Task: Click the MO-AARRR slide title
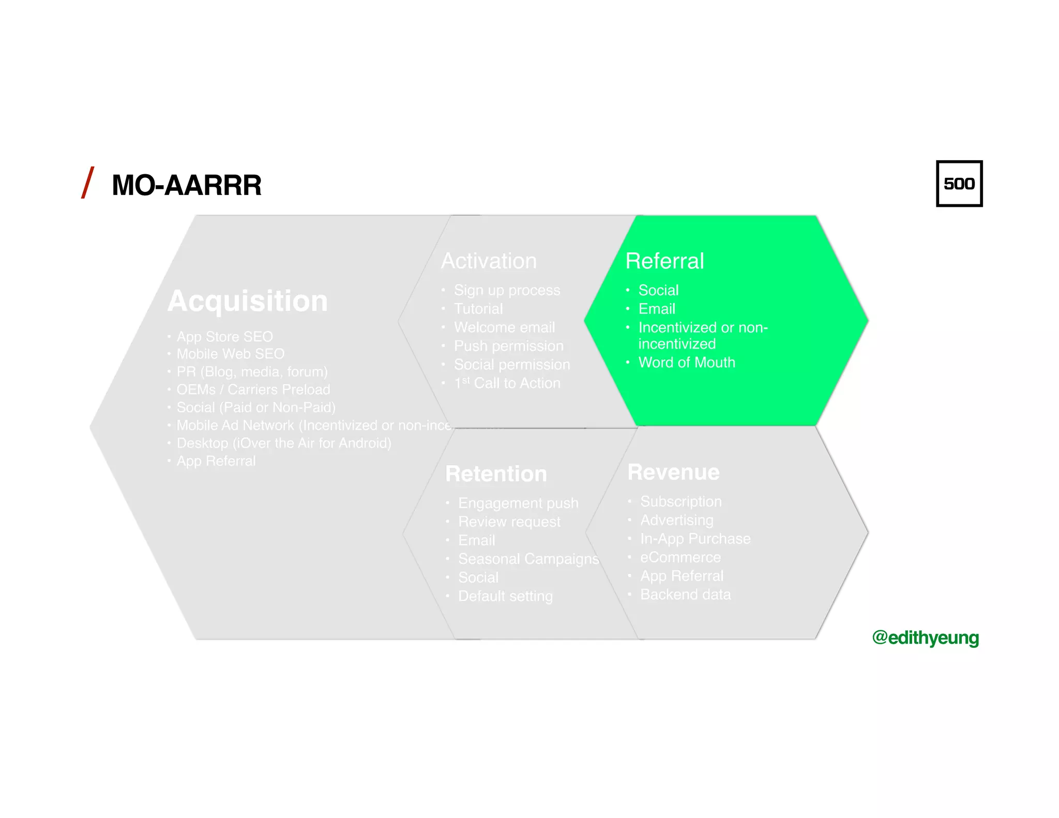coord(186,185)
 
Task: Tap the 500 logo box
coord(959,184)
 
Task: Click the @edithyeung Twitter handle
coord(925,638)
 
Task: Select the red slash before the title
coord(88,183)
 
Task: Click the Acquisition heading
coord(248,301)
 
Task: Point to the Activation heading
coord(489,261)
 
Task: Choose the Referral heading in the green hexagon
coord(664,261)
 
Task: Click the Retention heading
coord(496,474)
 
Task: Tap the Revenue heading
coord(673,472)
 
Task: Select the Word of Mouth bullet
coord(686,362)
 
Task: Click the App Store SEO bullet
coord(224,337)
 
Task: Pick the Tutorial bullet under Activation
coord(478,309)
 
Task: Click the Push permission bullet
coord(508,346)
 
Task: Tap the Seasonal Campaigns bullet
coord(528,559)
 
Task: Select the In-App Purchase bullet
coord(695,539)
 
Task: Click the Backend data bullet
coord(685,595)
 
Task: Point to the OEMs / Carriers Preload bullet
coord(253,389)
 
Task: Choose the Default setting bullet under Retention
coord(505,596)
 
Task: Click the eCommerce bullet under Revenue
coord(680,557)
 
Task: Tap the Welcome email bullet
coord(504,327)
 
